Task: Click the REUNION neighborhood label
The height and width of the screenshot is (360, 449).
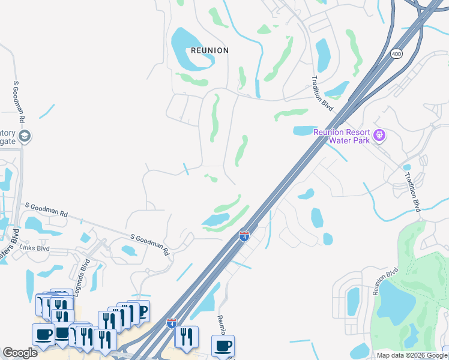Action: coord(209,50)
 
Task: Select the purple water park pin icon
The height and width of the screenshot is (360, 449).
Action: coord(379,136)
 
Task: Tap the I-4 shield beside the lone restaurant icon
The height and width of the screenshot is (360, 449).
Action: coord(172,323)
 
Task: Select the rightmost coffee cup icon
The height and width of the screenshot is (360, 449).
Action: coord(223,346)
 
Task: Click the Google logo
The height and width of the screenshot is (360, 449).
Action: coord(20,353)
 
